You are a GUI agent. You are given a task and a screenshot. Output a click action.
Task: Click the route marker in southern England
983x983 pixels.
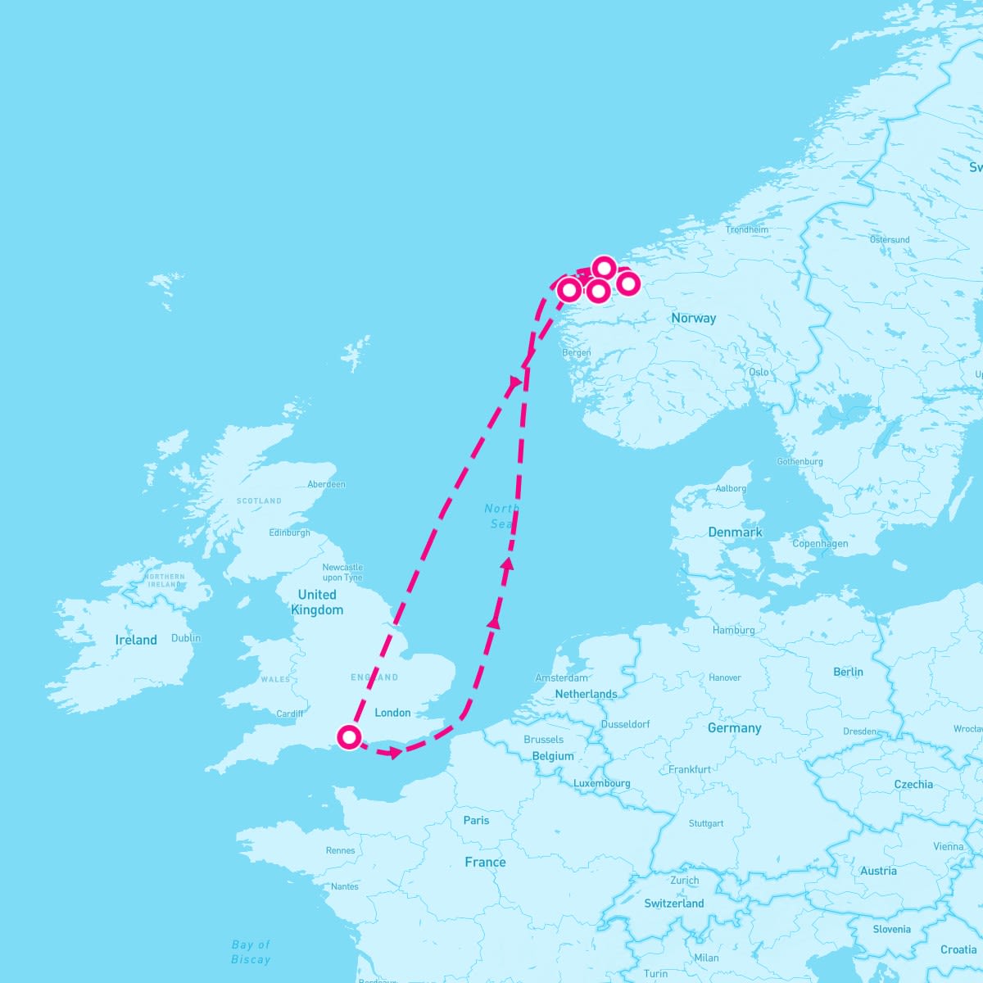coord(349,737)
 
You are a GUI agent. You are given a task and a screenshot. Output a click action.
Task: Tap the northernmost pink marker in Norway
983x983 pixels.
coord(604,268)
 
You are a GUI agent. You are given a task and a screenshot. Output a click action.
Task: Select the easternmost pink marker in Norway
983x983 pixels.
coord(627,283)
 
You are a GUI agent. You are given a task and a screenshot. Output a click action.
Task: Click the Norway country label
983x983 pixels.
coord(693,318)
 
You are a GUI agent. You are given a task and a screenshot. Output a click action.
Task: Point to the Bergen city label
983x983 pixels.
coord(576,353)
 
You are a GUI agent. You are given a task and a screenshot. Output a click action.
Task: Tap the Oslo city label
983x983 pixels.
coord(759,372)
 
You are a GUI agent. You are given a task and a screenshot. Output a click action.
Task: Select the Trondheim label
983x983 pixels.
coord(747,230)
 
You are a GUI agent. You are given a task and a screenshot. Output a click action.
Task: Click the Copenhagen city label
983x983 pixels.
coord(820,544)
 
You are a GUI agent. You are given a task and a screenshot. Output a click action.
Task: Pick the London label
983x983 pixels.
coord(392,713)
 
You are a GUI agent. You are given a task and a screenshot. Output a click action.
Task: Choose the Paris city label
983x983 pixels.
coord(476,820)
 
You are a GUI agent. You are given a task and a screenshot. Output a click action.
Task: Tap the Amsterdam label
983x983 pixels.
coord(561,677)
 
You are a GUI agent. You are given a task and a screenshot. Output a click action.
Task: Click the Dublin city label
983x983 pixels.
coord(186,638)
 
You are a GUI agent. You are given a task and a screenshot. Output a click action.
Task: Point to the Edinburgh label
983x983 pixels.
coord(290,532)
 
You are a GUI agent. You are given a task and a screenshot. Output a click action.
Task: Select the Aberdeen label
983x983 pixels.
coord(326,484)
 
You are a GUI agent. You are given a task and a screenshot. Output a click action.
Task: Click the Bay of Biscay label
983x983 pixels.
coord(251,952)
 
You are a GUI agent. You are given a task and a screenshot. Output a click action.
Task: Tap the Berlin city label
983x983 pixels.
coord(848,672)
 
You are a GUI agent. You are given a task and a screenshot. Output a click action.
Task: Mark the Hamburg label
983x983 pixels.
coord(734,630)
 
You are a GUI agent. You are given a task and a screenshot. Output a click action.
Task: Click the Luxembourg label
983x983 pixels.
coord(602,783)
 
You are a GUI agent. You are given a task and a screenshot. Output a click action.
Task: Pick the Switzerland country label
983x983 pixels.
coord(674,904)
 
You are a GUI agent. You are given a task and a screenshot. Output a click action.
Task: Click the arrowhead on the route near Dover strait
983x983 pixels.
coord(396,752)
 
